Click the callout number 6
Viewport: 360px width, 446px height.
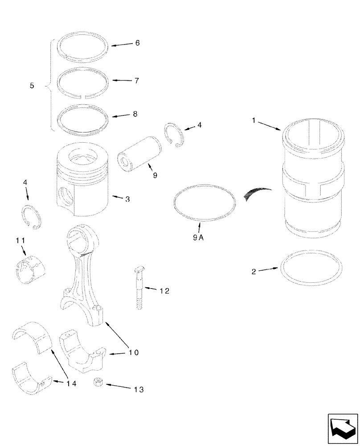[x=137, y=43]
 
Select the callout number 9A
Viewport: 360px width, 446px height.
[x=198, y=238]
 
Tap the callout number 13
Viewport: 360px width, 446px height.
[x=139, y=389]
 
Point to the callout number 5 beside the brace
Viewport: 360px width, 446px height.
[x=32, y=85]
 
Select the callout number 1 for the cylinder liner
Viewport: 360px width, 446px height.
[x=254, y=121]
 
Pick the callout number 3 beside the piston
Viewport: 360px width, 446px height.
[x=127, y=199]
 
